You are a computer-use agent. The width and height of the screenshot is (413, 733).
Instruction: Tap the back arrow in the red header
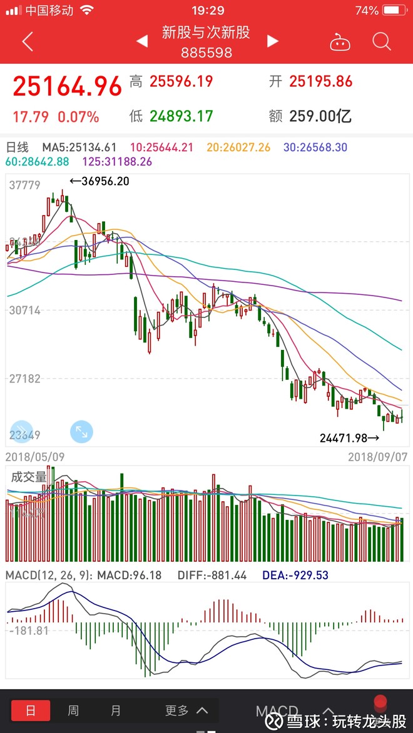27,42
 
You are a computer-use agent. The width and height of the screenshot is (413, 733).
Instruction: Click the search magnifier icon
381,42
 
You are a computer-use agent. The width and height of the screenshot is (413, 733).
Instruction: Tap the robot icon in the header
340,42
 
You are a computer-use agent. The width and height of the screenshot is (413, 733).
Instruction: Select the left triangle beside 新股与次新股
142,41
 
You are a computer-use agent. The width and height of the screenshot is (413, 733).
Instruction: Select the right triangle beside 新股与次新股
272,41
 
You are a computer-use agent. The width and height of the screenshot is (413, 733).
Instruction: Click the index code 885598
206,52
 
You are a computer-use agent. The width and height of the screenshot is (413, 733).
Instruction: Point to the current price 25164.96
67,87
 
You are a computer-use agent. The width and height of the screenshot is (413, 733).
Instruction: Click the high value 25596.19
180,81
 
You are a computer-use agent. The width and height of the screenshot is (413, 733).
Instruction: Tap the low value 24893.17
180,116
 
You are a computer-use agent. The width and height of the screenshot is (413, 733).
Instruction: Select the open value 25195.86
320,81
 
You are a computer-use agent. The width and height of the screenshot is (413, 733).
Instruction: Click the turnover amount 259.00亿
320,116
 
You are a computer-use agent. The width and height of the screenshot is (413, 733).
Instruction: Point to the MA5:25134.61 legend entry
79,147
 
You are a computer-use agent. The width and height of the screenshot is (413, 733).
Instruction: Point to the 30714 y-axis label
25,310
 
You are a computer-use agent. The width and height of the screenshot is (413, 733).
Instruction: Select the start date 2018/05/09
35,457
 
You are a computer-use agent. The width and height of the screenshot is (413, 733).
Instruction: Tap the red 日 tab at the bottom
31,710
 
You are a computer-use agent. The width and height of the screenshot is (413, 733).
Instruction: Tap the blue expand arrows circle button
81,431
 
